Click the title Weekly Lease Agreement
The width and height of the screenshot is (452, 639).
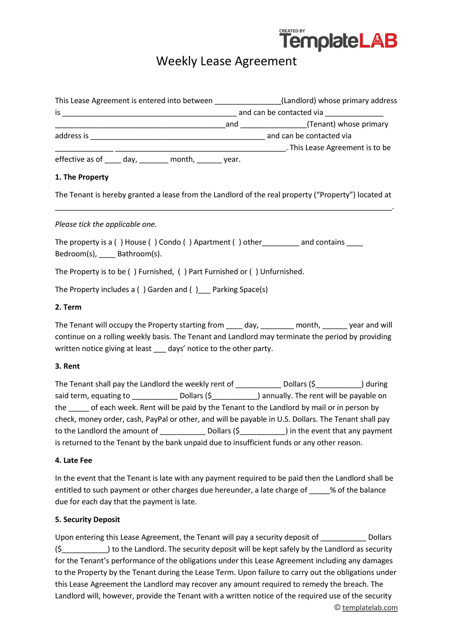click(x=226, y=61)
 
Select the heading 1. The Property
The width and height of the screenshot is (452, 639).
click(x=82, y=177)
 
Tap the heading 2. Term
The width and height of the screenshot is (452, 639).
click(x=68, y=307)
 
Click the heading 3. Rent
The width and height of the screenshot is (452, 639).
click(x=67, y=366)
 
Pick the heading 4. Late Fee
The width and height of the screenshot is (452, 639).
click(x=73, y=460)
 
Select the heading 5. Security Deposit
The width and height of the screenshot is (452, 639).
click(x=87, y=520)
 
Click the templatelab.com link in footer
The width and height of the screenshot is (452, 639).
click(x=370, y=608)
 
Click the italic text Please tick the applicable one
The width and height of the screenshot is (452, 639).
click(x=106, y=224)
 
